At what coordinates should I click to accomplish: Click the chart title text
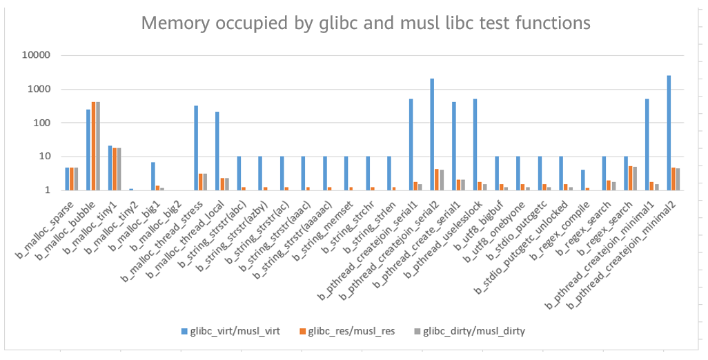[x=366, y=23]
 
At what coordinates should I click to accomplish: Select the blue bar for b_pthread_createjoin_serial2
[x=432, y=134]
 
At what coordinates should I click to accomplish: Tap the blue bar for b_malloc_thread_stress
[x=196, y=148]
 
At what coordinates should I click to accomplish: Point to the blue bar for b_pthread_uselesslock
[x=475, y=144]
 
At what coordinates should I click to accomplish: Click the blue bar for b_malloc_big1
[x=153, y=176]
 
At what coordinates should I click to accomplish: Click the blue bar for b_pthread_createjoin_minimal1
[x=647, y=144]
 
